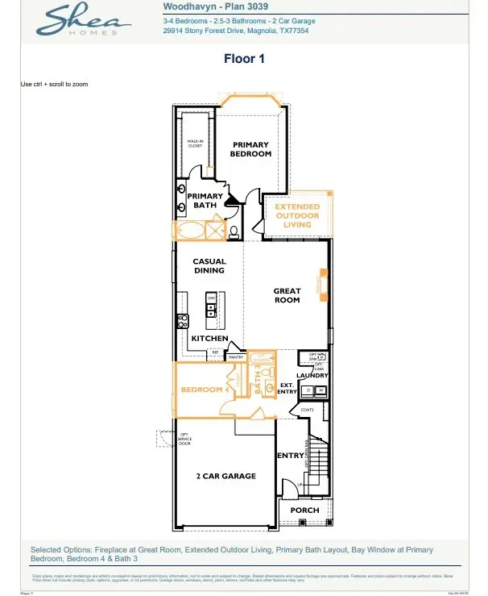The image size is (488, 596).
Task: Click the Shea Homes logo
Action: pyautogui.click(x=81, y=20)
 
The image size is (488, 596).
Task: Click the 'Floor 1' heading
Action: pyautogui.click(x=243, y=59)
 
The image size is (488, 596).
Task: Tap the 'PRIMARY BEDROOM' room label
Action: pyautogui.click(x=250, y=149)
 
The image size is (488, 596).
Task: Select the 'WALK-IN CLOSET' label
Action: pyautogui.click(x=195, y=144)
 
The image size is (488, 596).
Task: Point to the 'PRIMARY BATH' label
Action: pyautogui.click(x=205, y=201)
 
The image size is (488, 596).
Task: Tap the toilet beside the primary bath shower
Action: pyautogui.click(x=234, y=232)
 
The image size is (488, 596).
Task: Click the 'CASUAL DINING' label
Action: pyautogui.click(x=209, y=266)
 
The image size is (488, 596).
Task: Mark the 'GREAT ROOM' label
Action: pyautogui.click(x=287, y=295)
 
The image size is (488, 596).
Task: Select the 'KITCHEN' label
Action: pyautogui.click(x=209, y=339)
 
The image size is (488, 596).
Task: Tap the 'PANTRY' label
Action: pyautogui.click(x=236, y=356)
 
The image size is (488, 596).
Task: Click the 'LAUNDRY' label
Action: pyautogui.click(x=311, y=376)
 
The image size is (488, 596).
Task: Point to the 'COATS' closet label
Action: pyautogui.click(x=306, y=410)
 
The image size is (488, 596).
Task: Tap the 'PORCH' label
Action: pyautogui.click(x=304, y=510)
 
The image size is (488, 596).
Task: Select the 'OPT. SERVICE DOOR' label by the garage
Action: pyautogui.click(x=184, y=440)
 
